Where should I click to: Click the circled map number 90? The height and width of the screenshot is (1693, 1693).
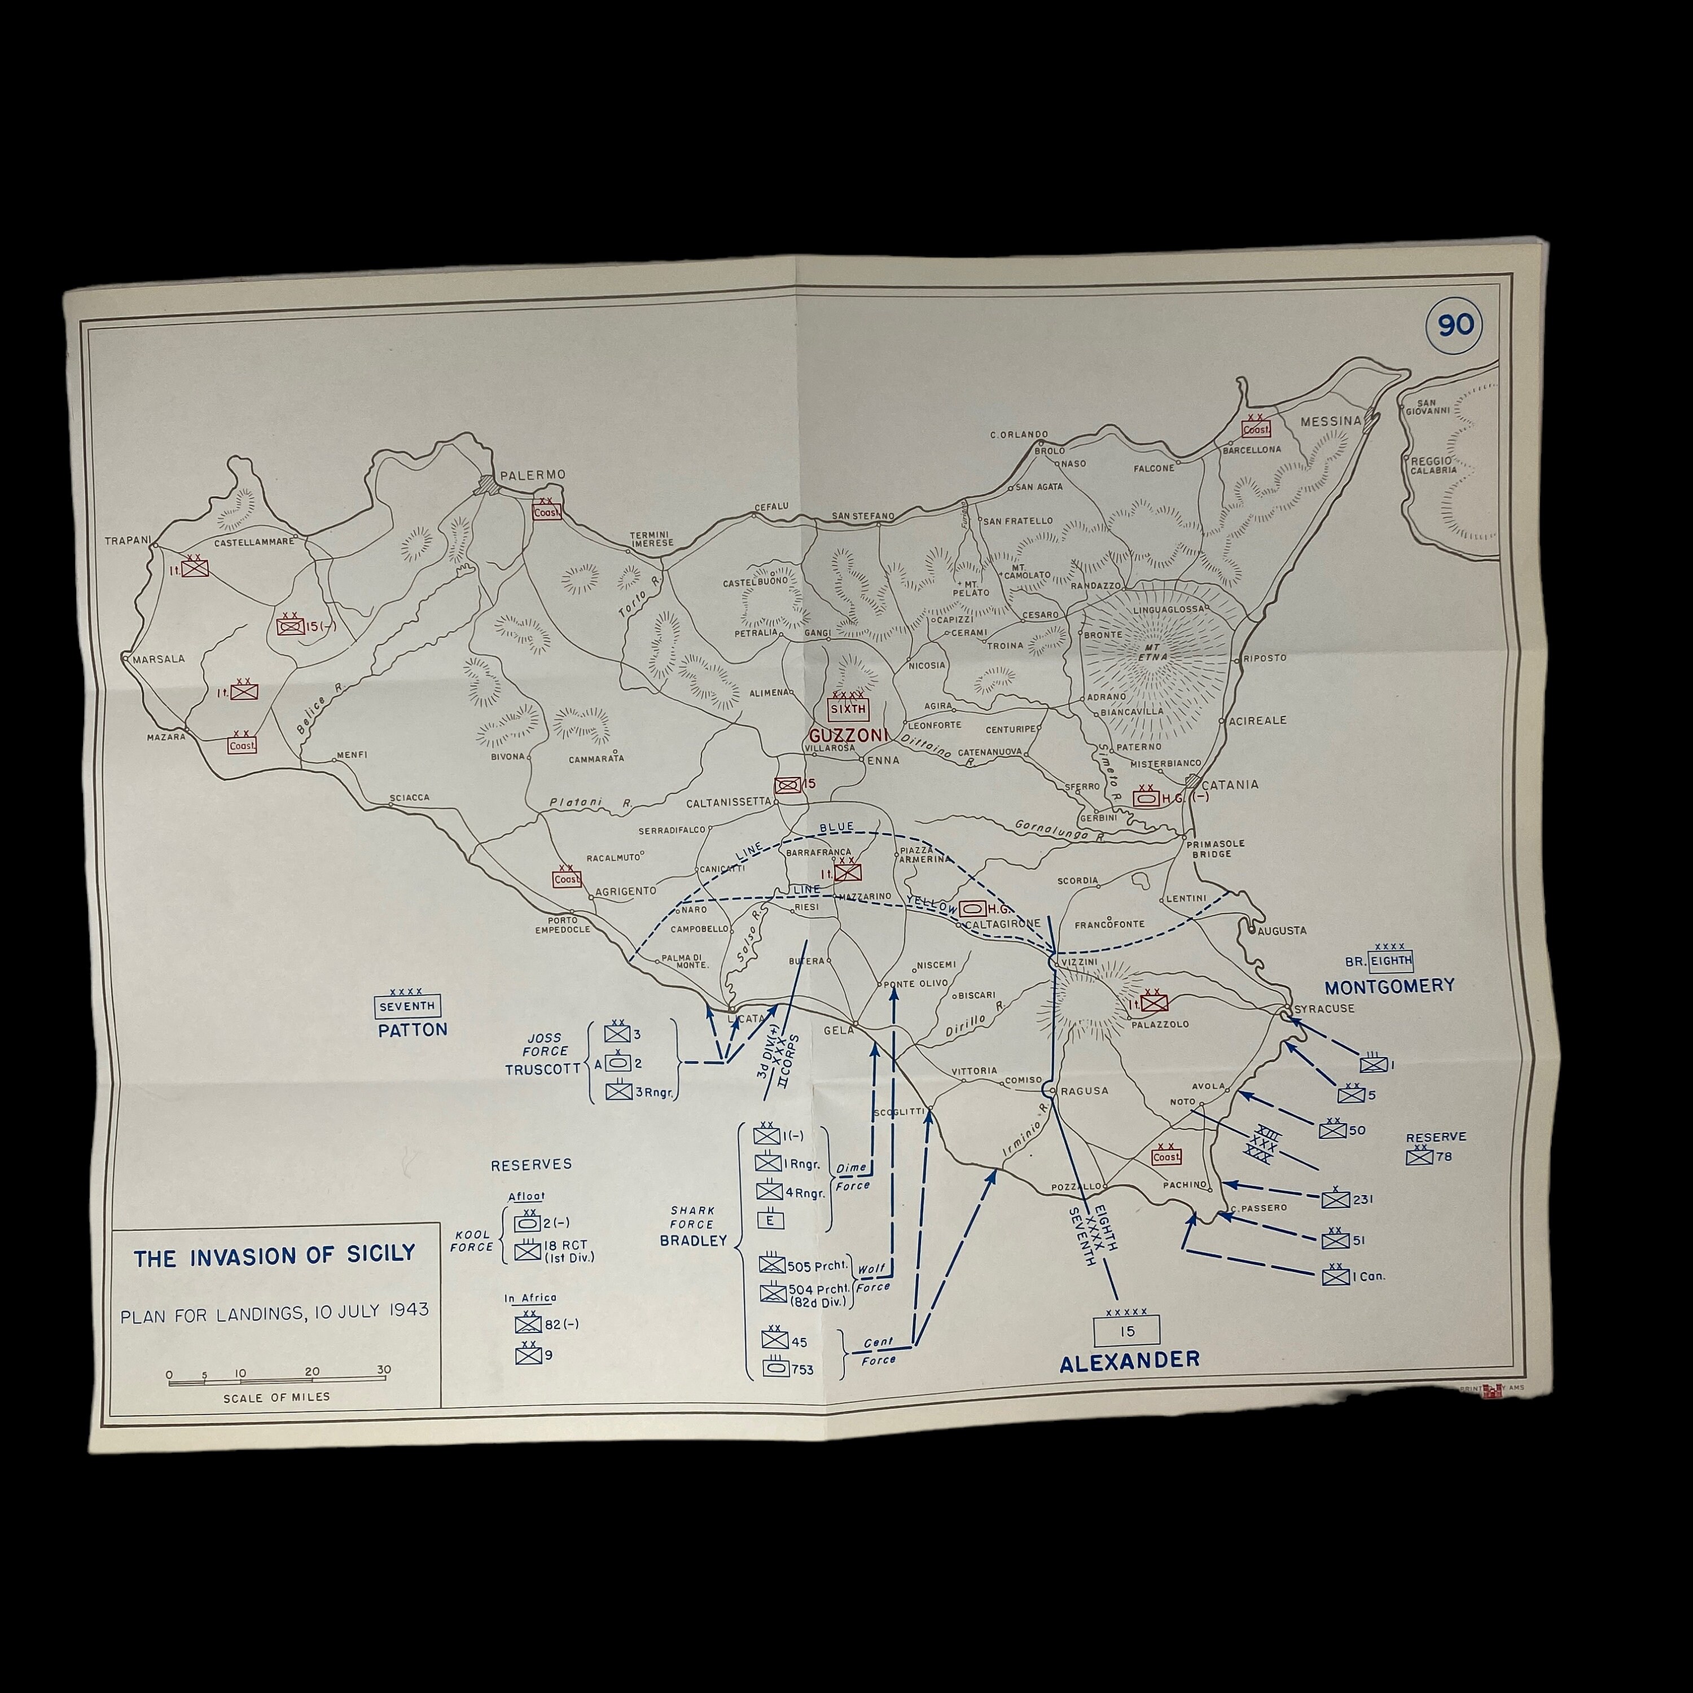(1455, 325)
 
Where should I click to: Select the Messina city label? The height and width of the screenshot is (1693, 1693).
(1330, 422)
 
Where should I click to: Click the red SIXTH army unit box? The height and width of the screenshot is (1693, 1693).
(848, 708)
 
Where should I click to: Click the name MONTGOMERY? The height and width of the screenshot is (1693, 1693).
(1389, 986)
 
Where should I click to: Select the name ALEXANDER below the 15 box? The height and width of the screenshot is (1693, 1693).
(1129, 1361)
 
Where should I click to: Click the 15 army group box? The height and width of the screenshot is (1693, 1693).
(1128, 1331)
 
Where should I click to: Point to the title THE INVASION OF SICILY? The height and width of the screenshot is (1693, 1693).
(274, 1257)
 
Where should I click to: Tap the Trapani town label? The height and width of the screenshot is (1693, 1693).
(128, 541)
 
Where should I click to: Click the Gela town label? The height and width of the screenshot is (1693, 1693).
(837, 1030)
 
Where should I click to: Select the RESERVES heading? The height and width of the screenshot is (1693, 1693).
(531, 1165)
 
